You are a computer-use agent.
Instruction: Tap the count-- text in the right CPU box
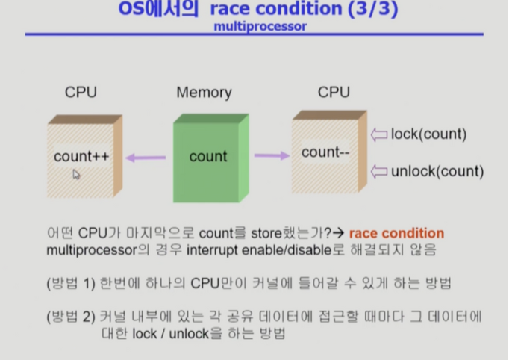click(x=325, y=152)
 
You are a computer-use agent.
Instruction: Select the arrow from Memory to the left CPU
click(x=146, y=157)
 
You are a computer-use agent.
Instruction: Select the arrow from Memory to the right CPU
click(x=271, y=155)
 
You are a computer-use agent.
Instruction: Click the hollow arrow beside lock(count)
click(x=379, y=134)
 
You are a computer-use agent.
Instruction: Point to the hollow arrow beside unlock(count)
click(x=379, y=171)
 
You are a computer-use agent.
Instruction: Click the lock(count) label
click(x=428, y=134)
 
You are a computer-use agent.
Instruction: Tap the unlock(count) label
click(x=437, y=171)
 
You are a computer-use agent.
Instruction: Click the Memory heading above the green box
click(x=204, y=93)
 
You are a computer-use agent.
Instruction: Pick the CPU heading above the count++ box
click(x=81, y=93)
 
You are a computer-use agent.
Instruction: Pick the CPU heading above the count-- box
click(x=334, y=93)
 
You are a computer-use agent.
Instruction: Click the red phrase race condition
click(x=396, y=233)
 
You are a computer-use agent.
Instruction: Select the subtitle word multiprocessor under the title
click(x=260, y=26)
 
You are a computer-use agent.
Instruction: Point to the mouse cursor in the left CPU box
click(x=76, y=174)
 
